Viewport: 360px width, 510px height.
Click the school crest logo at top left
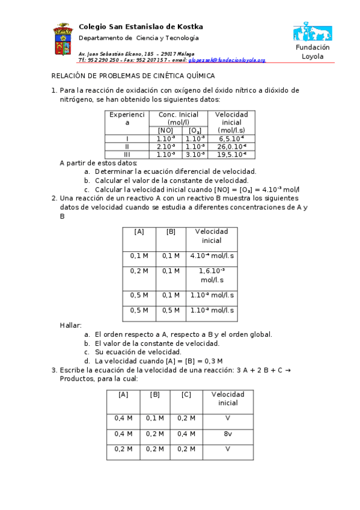pos(63,40)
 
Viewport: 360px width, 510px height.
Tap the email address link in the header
pos(227,61)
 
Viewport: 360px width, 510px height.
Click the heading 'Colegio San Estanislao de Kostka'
pos(141,27)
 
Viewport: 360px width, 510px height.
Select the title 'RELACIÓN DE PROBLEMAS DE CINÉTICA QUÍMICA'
pos(133,76)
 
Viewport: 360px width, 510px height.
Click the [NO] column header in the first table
pos(165,131)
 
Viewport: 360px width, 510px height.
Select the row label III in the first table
pos(127,155)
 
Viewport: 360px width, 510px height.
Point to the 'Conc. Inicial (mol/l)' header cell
pos(178,118)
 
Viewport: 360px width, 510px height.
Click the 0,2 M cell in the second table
pos(139,271)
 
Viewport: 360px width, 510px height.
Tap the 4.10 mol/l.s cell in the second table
pos(212,256)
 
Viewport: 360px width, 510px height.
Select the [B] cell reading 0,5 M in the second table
pos(171,310)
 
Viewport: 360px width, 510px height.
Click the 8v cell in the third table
pos(227,434)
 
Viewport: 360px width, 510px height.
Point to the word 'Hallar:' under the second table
pos(71,325)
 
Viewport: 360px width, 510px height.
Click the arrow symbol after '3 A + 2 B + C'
pos(287,370)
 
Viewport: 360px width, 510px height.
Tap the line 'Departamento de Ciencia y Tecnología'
pos(139,38)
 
